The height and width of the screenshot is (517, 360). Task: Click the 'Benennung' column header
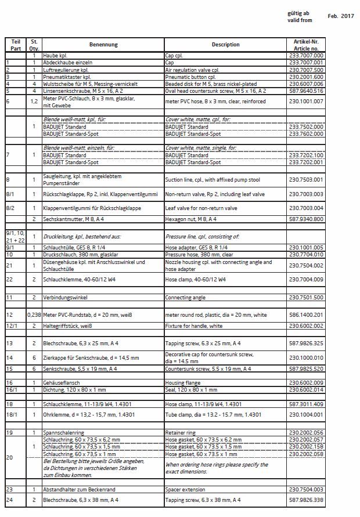(103, 44)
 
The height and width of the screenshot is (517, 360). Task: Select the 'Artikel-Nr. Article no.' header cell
(306, 44)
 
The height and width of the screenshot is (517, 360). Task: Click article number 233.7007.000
(306, 55)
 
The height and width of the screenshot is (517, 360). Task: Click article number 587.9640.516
(306, 91)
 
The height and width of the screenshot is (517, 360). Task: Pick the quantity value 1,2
(34, 102)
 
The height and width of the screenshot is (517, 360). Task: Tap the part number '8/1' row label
(10, 195)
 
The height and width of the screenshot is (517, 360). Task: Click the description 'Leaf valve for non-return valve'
(201, 207)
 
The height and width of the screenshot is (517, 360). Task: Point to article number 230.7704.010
(306, 254)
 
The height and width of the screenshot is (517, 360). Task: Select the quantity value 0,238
(34, 314)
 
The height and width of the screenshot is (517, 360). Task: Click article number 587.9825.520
(306, 368)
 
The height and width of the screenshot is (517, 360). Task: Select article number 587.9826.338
(306, 500)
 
